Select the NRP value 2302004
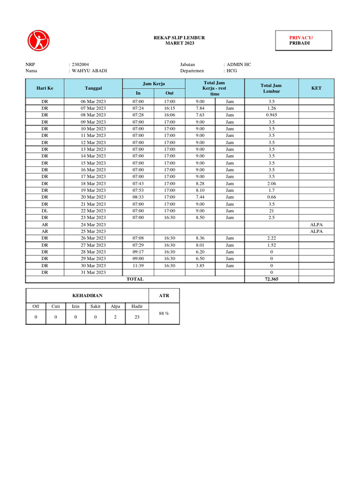click(x=81, y=64)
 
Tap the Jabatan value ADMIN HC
click(x=239, y=64)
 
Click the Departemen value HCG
click(x=232, y=71)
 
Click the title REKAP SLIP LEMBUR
click(x=180, y=37)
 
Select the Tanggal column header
click(x=93, y=88)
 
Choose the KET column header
click(x=316, y=88)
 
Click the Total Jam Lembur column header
click(x=271, y=88)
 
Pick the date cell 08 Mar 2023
click(x=93, y=115)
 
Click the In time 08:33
click(x=138, y=197)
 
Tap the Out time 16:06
click(x=169, y=115)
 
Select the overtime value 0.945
click(x=271, y=115)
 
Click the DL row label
click(x=45, y=211)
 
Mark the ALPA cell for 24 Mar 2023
click(x=316, y=225)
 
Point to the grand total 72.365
click(x=271, y=279)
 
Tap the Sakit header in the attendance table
click(x=95, y=306)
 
